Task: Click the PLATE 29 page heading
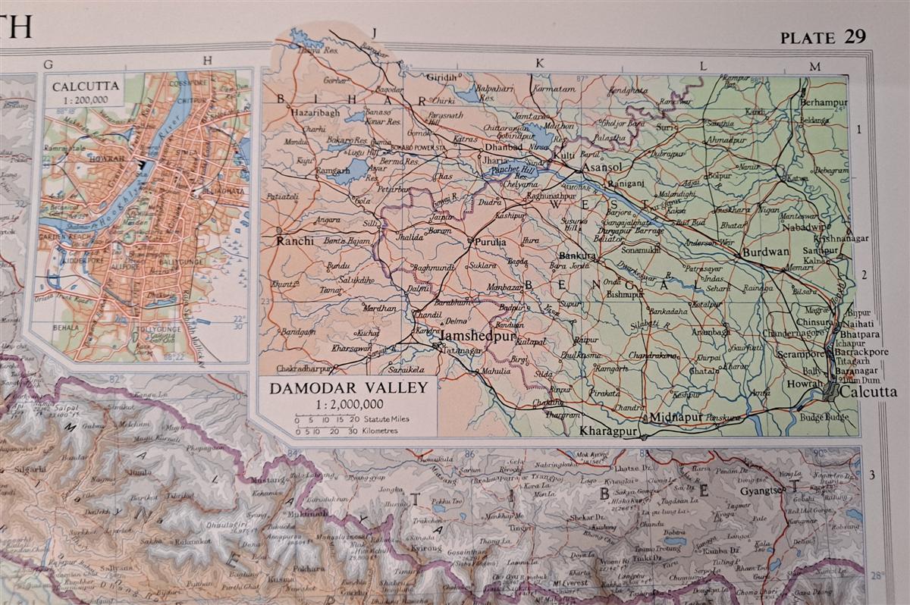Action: click(x=822, y=38)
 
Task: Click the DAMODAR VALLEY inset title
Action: click(x=353, y=387)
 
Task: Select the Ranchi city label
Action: click(x=293, y=243)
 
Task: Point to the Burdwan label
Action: click(x=766, y=252)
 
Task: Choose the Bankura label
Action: click(x=578, y=256)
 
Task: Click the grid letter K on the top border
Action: click(x=540, y=64)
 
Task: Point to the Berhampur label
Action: click(x=824, y=102)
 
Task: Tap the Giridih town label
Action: click(x=442, y=78)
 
